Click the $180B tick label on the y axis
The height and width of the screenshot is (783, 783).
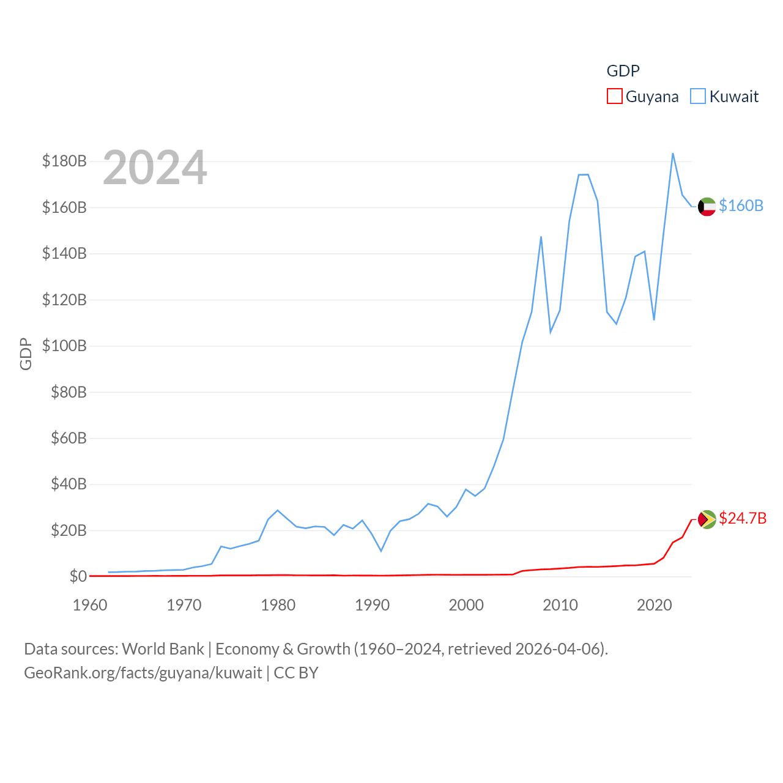coord(64,161)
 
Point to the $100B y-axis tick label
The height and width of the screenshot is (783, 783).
coord(64,346)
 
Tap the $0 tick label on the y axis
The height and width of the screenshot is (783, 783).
coord(78,576)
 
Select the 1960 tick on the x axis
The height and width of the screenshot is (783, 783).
coord(90,605)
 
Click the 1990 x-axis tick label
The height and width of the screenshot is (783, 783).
coord(372,605)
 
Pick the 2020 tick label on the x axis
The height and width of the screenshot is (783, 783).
coord(654,605)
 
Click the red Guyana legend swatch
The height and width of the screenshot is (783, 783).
coord(614,97)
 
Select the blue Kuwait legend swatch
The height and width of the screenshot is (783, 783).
coord(698,97)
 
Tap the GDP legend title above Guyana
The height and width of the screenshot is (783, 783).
coord(623,71)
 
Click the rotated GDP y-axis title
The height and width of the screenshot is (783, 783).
coord(26,354)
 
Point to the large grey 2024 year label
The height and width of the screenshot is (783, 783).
coord(155,168)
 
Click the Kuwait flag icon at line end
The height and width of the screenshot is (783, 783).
coord(707,207)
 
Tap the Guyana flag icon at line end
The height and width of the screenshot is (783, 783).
coord(707,519)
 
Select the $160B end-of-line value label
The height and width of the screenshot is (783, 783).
coord(741,206)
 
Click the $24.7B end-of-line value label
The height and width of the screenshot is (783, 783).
coord(743,518)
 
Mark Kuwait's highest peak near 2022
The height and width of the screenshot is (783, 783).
coord(673,154)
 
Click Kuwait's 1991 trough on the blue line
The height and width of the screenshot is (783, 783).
coord(381,551)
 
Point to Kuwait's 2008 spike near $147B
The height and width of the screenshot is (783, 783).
coord(541,237)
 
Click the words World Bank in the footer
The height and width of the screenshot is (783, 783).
coord(163,649)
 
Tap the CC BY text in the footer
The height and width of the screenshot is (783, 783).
coord(296,673)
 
